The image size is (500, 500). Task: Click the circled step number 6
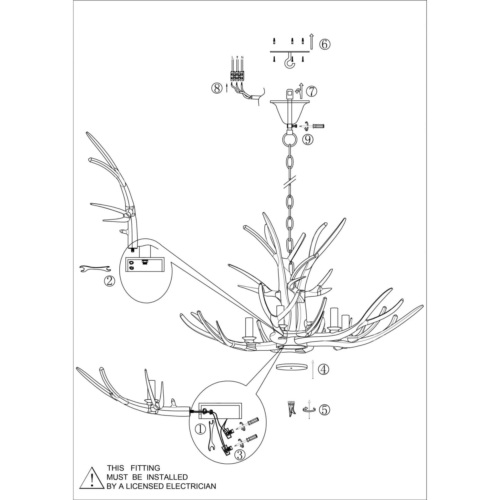click(324, 44)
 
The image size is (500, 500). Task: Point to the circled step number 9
click(308, 139)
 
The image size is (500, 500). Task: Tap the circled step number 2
click(109, 281)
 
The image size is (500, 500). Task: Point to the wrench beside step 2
click(95, 269)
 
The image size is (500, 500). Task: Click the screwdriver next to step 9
click(318, 126)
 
